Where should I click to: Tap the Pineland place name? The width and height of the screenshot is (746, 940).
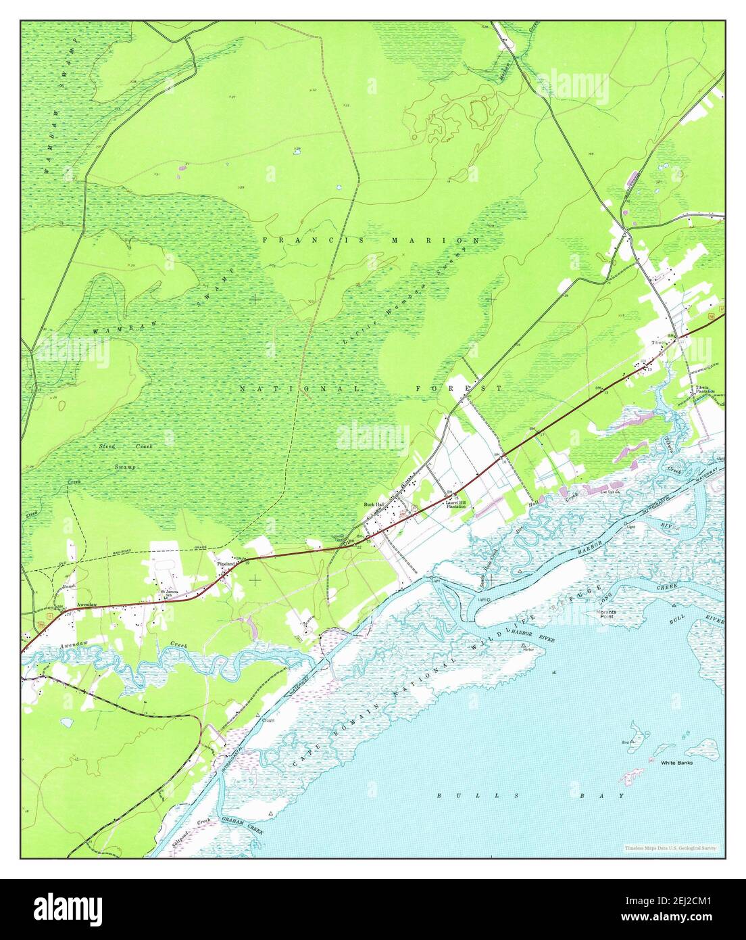coord(226,563)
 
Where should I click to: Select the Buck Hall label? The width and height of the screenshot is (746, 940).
coord(374,504)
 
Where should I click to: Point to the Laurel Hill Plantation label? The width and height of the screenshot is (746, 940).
coord(454,504)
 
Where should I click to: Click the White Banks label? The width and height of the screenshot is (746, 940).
coord(676,763)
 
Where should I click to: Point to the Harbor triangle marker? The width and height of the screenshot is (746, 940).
coord(524,647)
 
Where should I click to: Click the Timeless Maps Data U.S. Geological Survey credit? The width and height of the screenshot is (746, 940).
coord(670,847)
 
